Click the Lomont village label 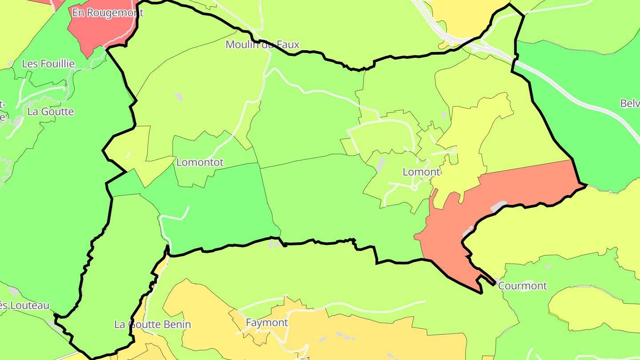tap(421, 172)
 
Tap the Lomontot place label tap(200, 162)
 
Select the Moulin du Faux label tap(262, 44)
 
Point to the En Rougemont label tap(108, 12)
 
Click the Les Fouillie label tap(48, 64)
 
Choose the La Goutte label tap(51, 112)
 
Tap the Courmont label tap(522, 286)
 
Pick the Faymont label tap(267, 323)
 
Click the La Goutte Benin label tap(152, 324)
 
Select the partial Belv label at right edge tap(630, 104)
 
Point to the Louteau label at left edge tap(24, 305)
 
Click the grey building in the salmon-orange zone tap(498, 206)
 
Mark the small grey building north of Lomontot tap(179, 96)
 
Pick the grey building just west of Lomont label tap(381, 164)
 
